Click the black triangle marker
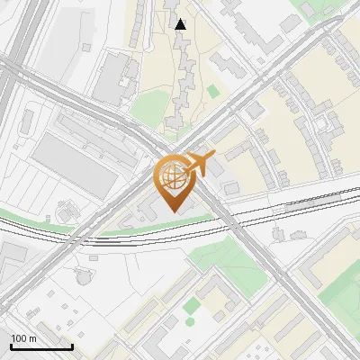pyautogui.click(x=181, y=24)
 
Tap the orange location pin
pyautogui.click(x=175, y=181)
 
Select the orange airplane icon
pyautogui.click(x=200, y=164)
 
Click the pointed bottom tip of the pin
pyautogui.click(x=174, y=211)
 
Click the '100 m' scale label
pyautogui.click(x=24, y=338)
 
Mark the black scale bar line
pyautogui.click(x=41, y=346)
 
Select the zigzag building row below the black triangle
pyautogui.click(x=184, y=67)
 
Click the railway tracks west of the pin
pyautogui.click(x=54, y=236)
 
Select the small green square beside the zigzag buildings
pyautogui.click(x=212, y=91)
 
